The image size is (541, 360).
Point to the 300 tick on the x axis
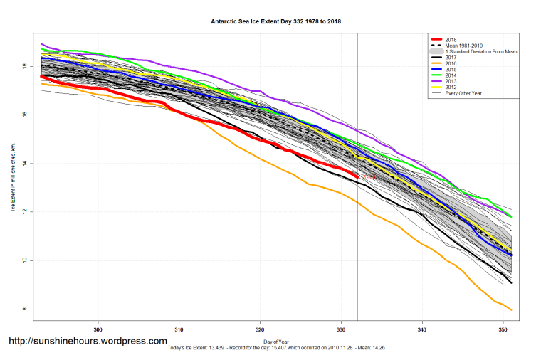pyautogui.click(x=98, y=329)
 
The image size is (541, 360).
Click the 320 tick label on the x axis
pyautogui.click(x=260, y=329)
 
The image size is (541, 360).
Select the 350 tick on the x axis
pyautogui.click(x=503, y=329)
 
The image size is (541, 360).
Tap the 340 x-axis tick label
pyautogui.click(x=422, y=329)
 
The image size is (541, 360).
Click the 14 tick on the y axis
pyautogui.click(x=24, y=164)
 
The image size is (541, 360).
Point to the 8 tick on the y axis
pyautogui.click(x=24, y=309)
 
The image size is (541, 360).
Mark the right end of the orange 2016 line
pyautogui.click(x=511, y=309)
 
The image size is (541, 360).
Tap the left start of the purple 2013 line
pyautogui.click(x=42, y=44)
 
